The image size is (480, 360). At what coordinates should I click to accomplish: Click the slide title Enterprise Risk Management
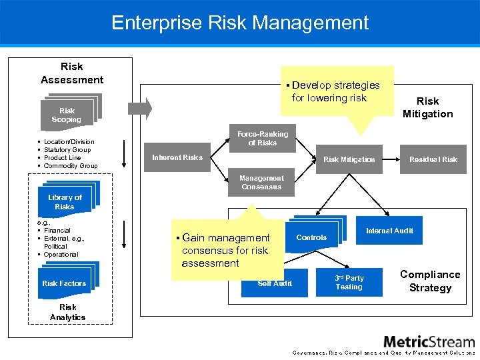tap(240, 23)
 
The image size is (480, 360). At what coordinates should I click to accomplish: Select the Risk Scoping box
tap(67, 115)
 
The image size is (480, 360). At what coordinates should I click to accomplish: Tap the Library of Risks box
tap(65, 202)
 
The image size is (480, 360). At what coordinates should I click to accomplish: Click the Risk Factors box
tap(64, 283)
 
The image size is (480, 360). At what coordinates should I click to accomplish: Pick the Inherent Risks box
tap(177, 158)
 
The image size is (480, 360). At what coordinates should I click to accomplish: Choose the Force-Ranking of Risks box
tap(262, 139)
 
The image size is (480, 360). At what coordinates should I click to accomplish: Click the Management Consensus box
tap(261, 183)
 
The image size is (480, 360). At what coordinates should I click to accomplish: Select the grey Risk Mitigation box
tap(349, 159)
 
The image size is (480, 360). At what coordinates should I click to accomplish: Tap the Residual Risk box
tap(433, 159)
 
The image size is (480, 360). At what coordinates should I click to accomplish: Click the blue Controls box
tap(311, 237)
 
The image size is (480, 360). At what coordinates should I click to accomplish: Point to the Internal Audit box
tap(389, 231)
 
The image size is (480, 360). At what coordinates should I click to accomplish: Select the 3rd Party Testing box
tap(349, 283)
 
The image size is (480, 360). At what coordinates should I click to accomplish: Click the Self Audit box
tap(275, 283)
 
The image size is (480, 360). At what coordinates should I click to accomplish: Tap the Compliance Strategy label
tap(430, 281)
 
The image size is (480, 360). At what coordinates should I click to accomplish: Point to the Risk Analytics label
tap(67, 313)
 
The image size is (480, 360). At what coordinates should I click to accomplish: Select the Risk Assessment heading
tap(72, 73)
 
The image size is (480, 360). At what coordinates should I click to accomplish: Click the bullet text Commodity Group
tap(70, 166)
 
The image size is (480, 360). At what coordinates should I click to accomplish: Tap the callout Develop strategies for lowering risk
tap(336, 91)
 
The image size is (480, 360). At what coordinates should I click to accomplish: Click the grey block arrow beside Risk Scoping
tap(141, 108)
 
